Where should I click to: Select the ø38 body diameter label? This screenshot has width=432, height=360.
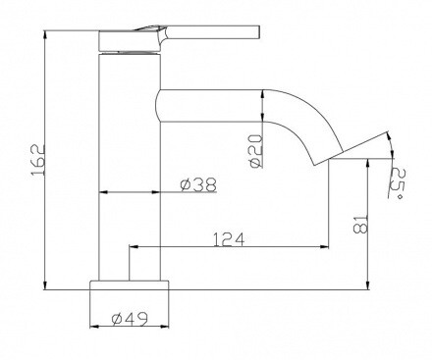197,183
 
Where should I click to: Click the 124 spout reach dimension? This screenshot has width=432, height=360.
227,237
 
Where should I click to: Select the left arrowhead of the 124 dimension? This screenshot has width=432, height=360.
134,246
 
